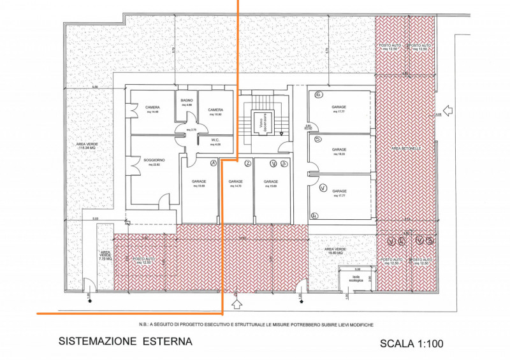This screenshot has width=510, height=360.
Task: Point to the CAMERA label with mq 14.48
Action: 152,107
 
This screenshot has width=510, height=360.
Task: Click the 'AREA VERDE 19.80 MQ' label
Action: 335,250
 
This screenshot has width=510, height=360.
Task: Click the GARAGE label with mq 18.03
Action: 339,151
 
